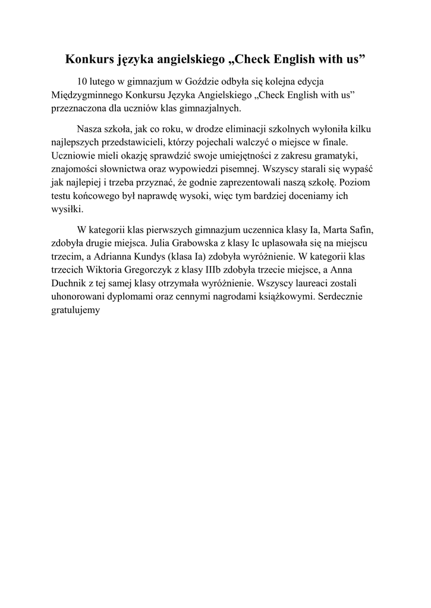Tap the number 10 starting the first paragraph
point(83,81)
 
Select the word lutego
point(104,81)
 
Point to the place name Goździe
point(213,81)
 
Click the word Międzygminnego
point(83,95)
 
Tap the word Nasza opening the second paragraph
point(90,129)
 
